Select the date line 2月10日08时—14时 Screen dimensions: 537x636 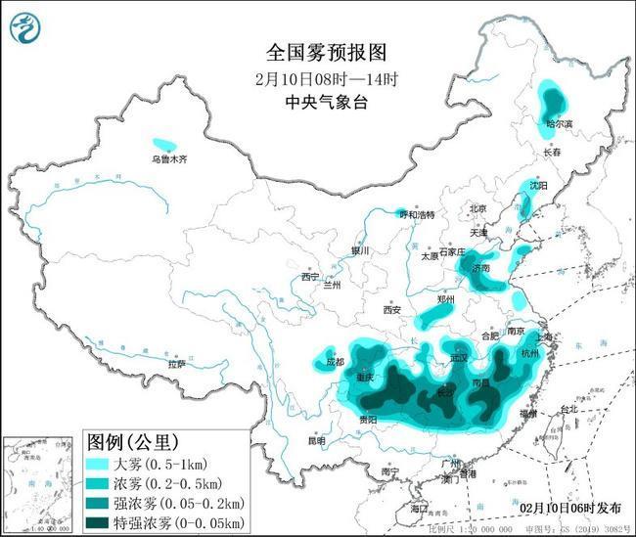click(x=317, y=77)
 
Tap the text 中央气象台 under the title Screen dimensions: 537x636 click(x=317, y=101)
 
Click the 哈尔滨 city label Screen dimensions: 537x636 click(x=560, y=124)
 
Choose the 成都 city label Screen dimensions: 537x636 click(x=335, y=362)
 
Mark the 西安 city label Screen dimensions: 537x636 click(x=391, y=310)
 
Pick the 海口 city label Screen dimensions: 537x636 click(x=419, y=510)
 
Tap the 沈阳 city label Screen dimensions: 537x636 click(x=539, y=185)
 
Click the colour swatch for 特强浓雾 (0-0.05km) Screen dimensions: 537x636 click(x=101, y=523)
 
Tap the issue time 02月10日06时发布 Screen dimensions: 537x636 click(x=569, y=509)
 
